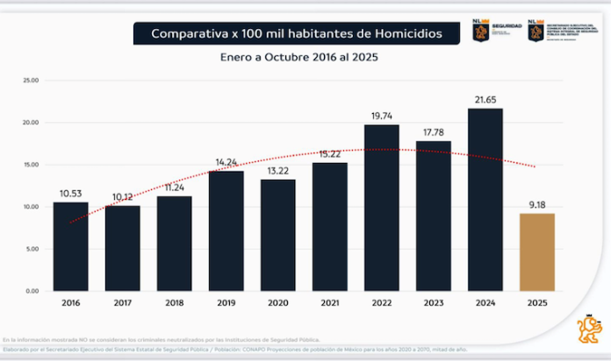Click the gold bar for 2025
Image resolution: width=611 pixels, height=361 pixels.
[536, 252]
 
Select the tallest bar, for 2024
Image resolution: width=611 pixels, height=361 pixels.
[485, 200]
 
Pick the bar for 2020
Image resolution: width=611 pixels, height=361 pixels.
[277, 235]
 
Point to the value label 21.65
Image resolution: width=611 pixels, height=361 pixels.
[485, 100]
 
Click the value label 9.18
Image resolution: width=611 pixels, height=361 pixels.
[536, 205]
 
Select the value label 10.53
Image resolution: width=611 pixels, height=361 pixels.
[70, 194]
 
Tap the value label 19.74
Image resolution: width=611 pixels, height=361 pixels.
[381, 116]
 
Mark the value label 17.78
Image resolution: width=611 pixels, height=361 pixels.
[433, 132]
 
